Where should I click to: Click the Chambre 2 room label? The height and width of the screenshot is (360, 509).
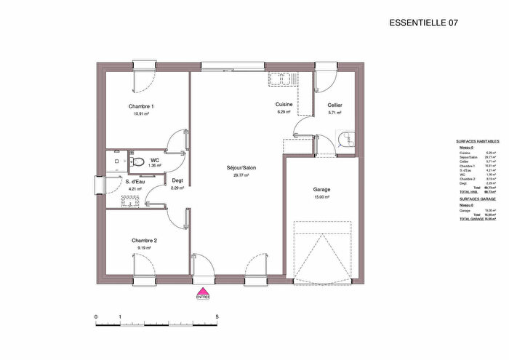point(144,241)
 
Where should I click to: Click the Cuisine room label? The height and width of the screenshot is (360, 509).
point(284,105)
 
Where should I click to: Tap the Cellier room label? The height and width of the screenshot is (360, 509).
point(334,105)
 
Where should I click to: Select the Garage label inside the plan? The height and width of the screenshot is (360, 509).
point(321,190)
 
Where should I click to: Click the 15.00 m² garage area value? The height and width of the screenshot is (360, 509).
point(321,198)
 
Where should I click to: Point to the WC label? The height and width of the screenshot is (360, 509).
point(155,159)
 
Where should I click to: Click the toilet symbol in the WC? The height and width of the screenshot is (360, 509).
point(136,161)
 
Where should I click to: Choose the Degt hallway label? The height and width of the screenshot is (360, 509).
point(177,181)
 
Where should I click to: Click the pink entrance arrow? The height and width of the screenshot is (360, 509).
point(202,289)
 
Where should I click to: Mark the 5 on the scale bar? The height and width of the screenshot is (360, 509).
point(217,317)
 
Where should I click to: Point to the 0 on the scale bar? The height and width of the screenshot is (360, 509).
point(96,317)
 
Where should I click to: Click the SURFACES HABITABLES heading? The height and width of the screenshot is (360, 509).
point(478,141)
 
